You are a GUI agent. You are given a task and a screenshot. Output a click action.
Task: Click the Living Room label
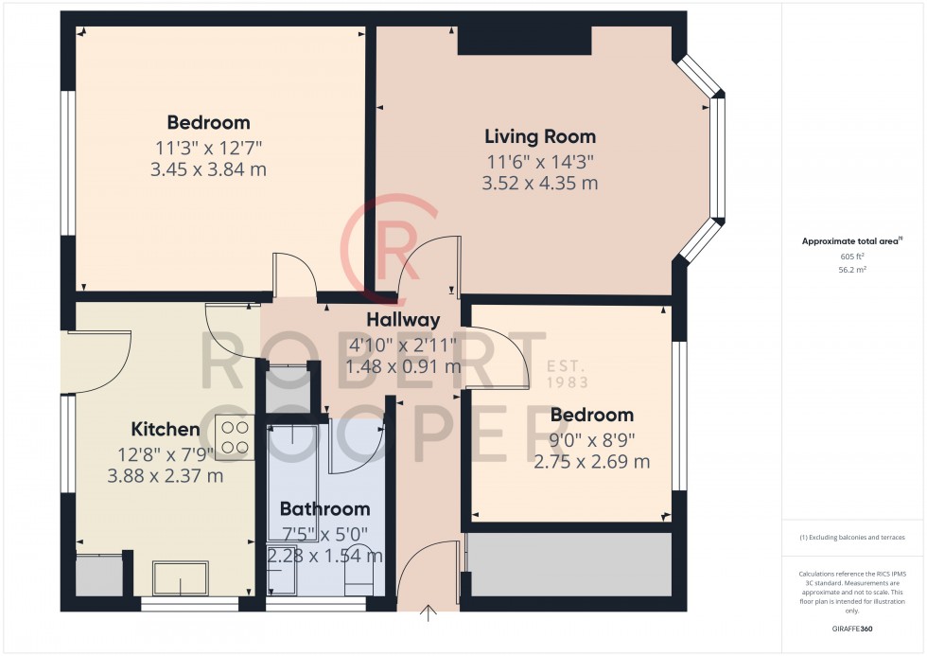pyautogui.click(x=540, y=136)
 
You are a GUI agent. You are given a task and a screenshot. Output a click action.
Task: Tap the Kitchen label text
pyautogui.click(x=165, y=429)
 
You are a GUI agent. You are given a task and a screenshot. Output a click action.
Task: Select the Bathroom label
pyautogui.click(x=324, y=508)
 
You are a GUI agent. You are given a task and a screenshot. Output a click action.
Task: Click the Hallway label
pyautogui.click(x=403, y=320)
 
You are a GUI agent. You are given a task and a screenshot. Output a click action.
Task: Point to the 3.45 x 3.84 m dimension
pyautogui.click(x=208, y=169)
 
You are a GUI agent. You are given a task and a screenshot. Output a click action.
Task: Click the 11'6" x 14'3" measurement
pyautogui.click(x=540, y=161)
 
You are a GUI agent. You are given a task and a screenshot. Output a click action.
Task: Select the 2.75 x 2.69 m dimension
pyautogui.click(x=592, y=461)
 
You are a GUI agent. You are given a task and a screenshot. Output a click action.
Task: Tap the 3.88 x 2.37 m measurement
pyautogui.click(x=165, y=475)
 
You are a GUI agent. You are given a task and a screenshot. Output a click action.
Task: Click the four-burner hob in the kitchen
pyautogui.click(x=235, y=437)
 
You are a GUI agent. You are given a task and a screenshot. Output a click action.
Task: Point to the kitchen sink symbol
pyautogui.click(x=181, y=578)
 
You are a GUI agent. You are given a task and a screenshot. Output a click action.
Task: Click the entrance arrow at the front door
pyautogui.click(x=428, y=613)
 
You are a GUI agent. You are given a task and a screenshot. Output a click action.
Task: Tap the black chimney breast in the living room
pyautogui.click(x=524, y=40)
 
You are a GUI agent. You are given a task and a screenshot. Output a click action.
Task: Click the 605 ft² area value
pyautogui.click(x=852, y=257)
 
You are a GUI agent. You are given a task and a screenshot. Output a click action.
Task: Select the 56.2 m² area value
pyautogui.click(x=852, y=270)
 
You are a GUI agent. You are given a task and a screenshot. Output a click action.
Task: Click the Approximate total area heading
pyautogui.click(x=852, y=241)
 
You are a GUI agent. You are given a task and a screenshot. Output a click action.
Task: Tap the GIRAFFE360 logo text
pyautogui.click(x=852, y=629)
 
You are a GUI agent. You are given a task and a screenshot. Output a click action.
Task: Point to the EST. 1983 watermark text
pyautogui.click(x=567, y=375)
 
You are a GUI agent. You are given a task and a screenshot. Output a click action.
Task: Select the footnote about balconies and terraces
pyautogui.click(x=852, y=538)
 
